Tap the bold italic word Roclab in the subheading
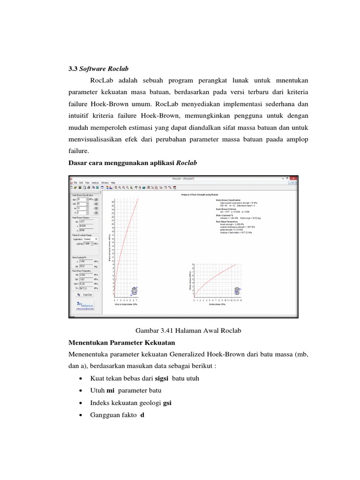(187, 163)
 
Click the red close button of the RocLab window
(293, 179)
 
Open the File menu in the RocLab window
(75, 182)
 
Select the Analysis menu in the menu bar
(95, 182)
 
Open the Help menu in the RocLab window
(113, 182)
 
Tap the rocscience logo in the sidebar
(85, 305)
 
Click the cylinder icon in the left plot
(135, 291)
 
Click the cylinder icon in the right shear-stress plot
(236, 291)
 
